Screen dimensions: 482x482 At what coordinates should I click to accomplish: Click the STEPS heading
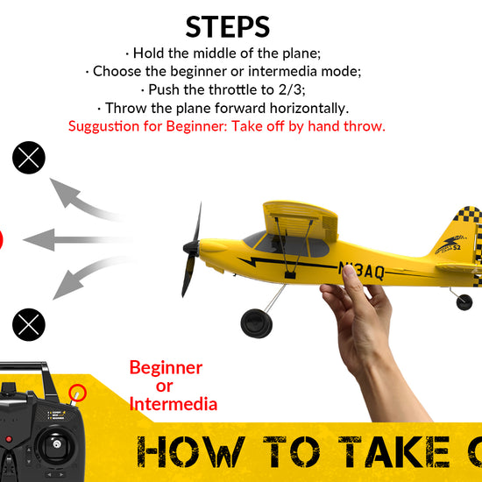point(227,25)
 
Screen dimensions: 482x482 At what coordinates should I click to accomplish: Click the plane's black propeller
point(191,250)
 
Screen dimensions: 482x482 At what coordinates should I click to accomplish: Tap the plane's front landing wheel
point(257,321)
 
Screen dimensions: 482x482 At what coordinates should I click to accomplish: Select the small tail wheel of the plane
point(464,302)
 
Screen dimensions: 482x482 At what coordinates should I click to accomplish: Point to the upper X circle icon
point(28,159)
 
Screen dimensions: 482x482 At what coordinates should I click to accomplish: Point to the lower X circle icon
point(28,325)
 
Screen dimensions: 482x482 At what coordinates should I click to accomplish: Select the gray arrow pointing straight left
point(74,238)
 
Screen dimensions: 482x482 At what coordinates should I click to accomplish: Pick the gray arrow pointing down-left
point(83,280)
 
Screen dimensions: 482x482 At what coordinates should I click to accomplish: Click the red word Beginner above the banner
point(166,368)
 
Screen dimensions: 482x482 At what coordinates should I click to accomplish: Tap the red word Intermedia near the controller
point(173,404)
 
